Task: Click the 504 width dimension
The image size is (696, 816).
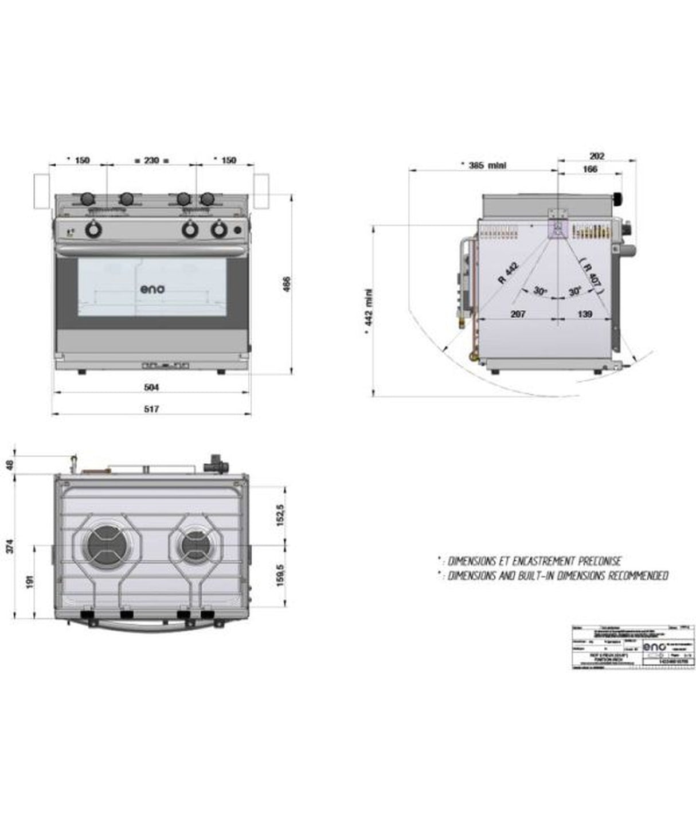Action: click(151, 388)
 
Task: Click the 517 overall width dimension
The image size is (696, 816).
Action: click(151, 409)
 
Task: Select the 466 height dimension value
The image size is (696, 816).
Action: click(287, 285)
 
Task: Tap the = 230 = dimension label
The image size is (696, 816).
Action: click(151, 161)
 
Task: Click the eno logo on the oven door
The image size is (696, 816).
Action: click(153, 289)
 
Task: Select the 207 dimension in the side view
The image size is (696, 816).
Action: click(518, 314)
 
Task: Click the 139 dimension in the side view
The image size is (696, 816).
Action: click(585, 314)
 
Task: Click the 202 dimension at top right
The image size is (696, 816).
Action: click(597, 155)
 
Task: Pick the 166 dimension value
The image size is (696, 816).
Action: click(589, 169)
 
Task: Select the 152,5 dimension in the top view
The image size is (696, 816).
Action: click(280, 515)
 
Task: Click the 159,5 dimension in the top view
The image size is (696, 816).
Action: click(280, 575)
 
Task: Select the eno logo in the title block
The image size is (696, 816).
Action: click(654, 646)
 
